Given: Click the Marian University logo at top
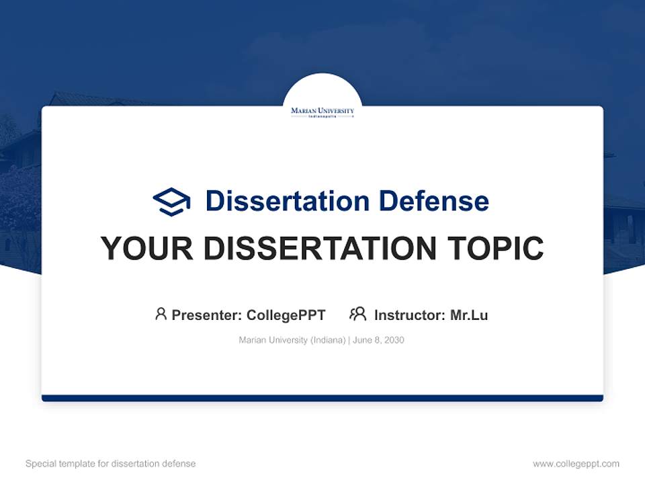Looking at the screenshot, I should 322,112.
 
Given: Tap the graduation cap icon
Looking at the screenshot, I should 171,201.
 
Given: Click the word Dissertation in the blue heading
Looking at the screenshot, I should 287,201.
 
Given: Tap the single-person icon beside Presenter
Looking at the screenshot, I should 161,314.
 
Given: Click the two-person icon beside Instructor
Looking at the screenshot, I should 357,314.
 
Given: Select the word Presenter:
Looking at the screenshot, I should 207,315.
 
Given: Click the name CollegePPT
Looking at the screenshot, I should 286,315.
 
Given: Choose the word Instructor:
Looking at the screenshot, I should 410,315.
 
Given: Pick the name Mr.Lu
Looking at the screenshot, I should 469,315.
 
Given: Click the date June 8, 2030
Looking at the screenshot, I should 378,340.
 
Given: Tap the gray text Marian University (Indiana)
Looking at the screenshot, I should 292,340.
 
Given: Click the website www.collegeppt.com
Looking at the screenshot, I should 576,464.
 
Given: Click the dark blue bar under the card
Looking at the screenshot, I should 322,398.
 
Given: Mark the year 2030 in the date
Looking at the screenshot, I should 394,340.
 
